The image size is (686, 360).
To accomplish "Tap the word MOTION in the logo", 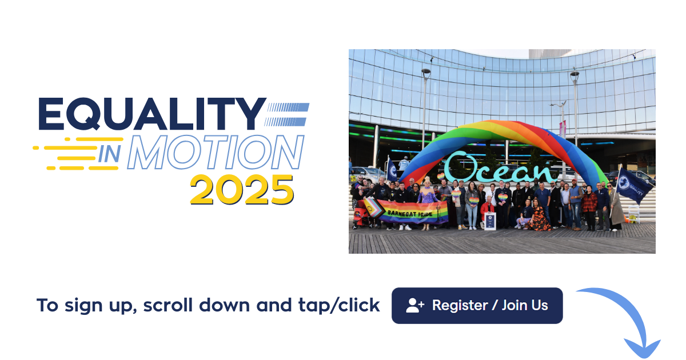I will pyautogui.click(x=215, y=153).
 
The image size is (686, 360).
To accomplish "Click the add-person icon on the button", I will pyautogui.click(x=415, y=306).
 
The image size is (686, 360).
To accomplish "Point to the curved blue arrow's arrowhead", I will pyautogui.click(x=641, y=346).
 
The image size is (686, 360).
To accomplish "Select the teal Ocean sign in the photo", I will pyautogui.click(x=500, y=167).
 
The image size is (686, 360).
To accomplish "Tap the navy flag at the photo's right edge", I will pyautogui.click(x=636, y=186).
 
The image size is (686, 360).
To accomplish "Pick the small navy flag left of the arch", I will pyautogui.click(x=392, y=170).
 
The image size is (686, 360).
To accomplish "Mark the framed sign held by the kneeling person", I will pyautogui.click(x=490, y=220).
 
